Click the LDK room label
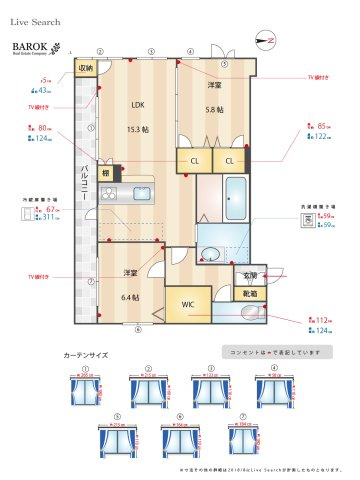(x=138, y=103)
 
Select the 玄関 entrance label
(x=249, y=275)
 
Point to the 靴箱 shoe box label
(x=249, y=293)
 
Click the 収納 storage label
(x=86, y=68)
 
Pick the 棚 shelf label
(x=105, y=172)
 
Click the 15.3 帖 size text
(x=139, y=129)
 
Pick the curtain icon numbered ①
(x=85, y=389)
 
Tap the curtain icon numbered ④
(x=267, y=389)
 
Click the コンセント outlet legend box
(x=271, y=351)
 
